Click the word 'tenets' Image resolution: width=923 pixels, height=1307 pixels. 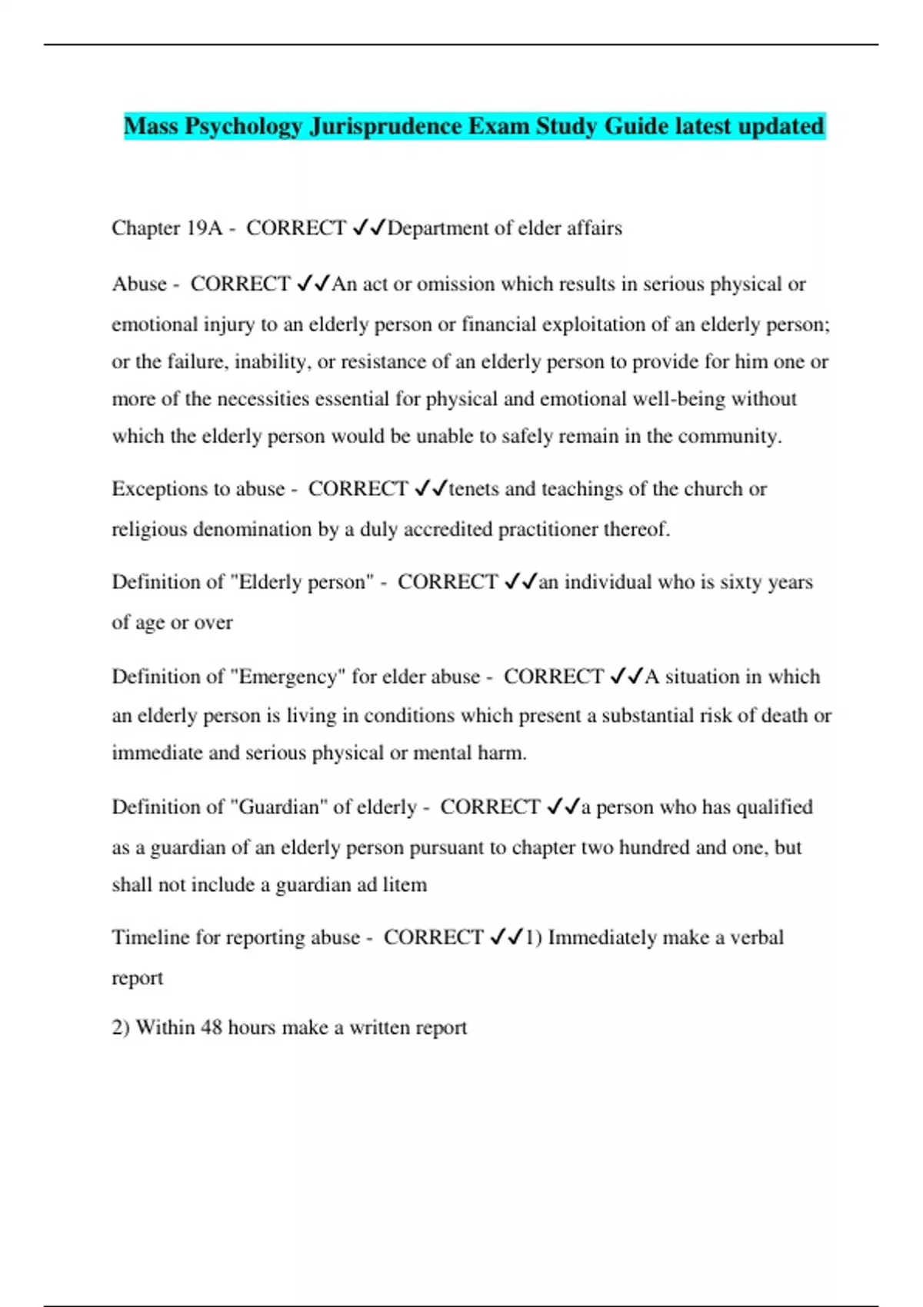click(474, 489)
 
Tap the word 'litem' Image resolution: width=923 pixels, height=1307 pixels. click(405, 885)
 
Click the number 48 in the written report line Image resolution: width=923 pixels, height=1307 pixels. click(212, 1028)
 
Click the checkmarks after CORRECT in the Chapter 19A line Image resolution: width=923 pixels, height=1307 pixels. click(368, 228)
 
